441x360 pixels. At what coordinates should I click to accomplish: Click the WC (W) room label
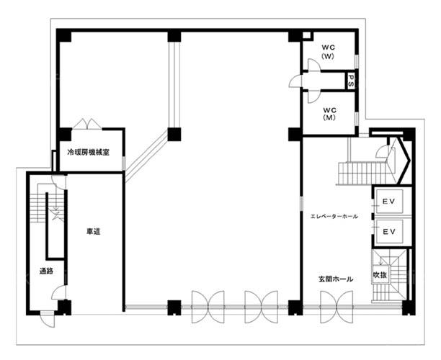328,52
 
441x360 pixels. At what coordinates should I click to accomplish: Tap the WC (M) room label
329,114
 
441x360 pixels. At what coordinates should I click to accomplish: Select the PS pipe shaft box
351,81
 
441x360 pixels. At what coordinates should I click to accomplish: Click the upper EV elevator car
390,201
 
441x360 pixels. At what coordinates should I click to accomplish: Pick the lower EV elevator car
390,232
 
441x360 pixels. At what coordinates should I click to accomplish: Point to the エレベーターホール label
334,217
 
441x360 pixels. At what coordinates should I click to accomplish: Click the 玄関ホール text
336,279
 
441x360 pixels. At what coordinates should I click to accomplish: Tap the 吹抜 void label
380,275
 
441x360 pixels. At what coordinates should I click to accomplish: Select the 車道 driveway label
94,232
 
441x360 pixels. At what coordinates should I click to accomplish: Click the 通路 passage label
46,271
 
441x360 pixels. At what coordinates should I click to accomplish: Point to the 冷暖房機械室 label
89,153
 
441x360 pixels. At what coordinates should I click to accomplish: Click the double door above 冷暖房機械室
87,124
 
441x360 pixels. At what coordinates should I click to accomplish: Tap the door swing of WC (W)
313,65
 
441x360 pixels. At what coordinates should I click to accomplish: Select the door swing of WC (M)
313,96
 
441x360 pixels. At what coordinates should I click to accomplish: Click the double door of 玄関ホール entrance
337,307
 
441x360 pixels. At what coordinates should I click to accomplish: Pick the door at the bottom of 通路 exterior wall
48,319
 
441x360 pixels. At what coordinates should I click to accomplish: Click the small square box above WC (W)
306,36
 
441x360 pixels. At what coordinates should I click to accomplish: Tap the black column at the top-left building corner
64,35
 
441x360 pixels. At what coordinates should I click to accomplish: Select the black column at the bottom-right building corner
408,307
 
